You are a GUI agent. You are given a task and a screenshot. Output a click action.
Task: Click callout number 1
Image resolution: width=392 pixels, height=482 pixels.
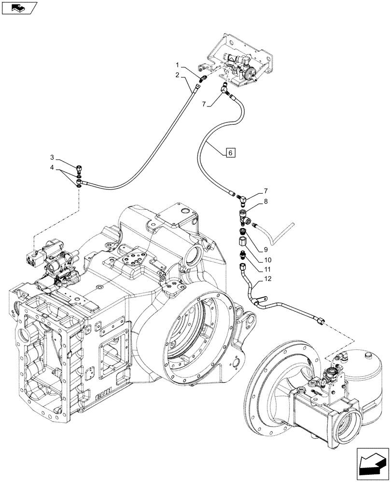point(178,65)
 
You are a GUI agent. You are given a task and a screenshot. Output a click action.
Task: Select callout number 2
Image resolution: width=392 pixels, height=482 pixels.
point(178,75)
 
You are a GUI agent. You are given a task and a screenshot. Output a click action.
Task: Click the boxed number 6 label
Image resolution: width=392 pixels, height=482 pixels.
point(230,153)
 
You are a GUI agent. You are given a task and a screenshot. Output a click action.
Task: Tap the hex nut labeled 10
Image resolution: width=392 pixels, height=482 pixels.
point(242,240)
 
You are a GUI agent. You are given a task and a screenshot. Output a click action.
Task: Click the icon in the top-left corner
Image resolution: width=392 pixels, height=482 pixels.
point(19,8)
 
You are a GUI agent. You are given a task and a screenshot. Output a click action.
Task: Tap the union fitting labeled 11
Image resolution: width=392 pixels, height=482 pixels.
point(242,253)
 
